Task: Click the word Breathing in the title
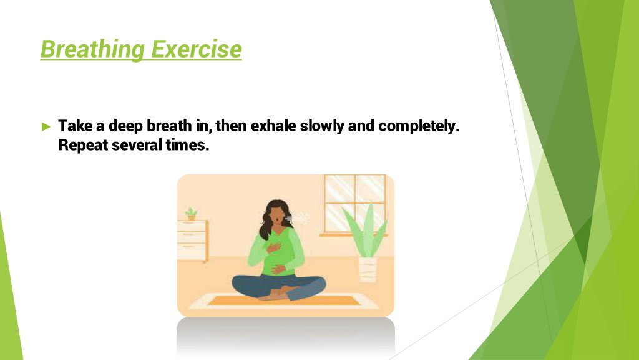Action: point(92,49)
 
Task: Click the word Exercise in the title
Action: point(197,49)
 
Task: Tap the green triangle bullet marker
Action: point(46,126)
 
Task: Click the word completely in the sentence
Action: point(419,126)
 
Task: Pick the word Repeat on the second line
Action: point(83,145)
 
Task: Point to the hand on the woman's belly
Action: point(280,269)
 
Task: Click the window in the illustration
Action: point(355,205)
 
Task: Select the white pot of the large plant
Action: point(368,269)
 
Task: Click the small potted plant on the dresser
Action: point(191,214)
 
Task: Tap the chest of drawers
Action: point(193,241)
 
